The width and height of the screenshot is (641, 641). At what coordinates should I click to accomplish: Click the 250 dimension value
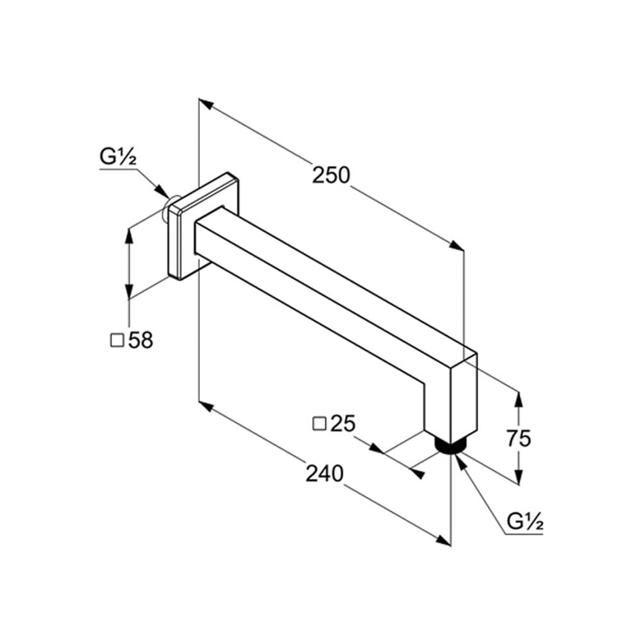331,176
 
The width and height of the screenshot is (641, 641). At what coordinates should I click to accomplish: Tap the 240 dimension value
324,474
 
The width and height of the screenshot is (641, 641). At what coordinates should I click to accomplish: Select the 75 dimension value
519,438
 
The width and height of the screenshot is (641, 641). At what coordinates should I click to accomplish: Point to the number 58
140,340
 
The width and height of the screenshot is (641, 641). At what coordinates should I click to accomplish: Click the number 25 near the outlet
342,424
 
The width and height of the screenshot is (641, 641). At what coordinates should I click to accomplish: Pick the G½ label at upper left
118,156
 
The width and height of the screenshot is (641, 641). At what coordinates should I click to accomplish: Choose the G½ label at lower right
525,521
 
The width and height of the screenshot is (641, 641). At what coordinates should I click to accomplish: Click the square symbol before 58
117,340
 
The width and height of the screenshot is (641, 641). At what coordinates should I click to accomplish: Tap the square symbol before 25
319,424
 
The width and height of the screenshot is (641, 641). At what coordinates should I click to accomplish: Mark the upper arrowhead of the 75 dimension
519,399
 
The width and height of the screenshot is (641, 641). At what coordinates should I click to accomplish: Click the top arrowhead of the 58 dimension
129,237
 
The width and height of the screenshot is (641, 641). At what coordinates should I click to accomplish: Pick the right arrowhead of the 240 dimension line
443,540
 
